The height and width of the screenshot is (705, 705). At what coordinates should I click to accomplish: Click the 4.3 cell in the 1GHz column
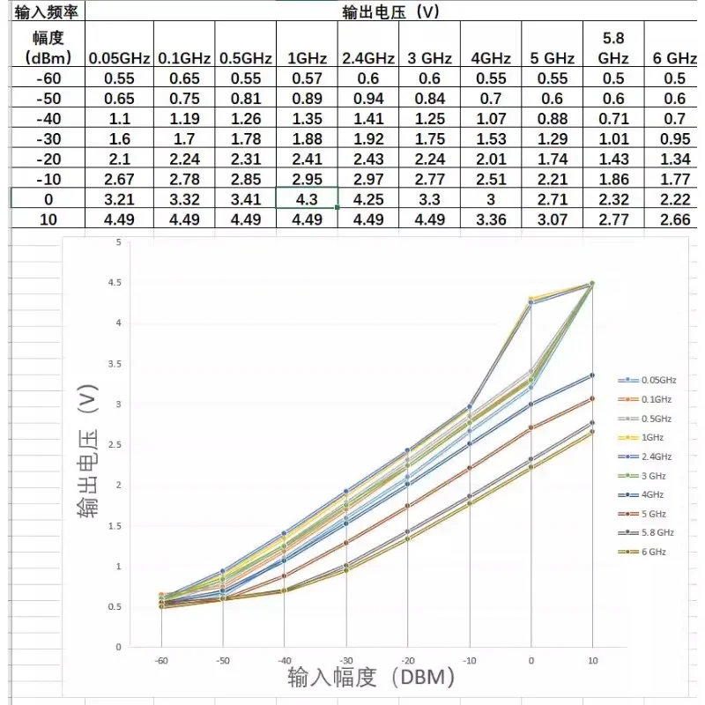click(307, 198)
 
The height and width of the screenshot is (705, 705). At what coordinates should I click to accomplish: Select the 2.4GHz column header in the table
click(367, 59)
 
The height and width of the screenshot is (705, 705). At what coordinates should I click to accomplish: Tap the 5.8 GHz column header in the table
click(613, 48)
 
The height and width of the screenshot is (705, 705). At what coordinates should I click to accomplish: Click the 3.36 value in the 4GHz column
click(491, 219)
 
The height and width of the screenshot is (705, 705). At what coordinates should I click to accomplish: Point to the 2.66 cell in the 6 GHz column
click(674, 219)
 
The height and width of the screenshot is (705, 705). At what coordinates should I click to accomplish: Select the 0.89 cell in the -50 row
click(307, 98)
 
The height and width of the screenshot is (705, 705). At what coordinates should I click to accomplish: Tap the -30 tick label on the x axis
click(345, 659)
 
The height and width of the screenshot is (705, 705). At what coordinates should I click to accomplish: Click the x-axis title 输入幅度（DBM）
click(371, 678)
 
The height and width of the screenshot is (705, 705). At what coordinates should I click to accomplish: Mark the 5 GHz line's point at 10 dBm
click(592, 398)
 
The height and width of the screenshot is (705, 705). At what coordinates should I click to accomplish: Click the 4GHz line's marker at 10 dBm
click(592, 375)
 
